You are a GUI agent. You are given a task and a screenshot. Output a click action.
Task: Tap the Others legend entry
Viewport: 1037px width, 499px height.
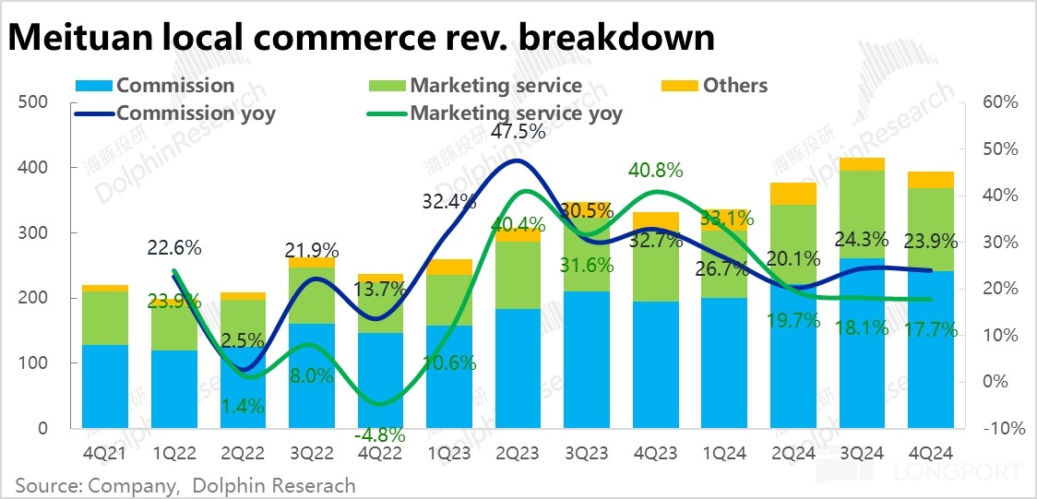click(724, 86)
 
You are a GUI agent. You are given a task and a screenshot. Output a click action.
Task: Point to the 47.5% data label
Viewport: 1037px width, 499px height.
click(518, 132)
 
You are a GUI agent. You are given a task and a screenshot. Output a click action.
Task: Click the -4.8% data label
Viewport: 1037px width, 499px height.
click(381, 434)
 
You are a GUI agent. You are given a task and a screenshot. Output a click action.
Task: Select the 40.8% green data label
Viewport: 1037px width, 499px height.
click(655, 171)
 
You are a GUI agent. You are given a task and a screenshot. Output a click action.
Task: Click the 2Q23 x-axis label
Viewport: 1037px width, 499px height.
click(518, 454)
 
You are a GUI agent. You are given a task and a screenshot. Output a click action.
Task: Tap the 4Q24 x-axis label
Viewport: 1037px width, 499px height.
click(931, 454)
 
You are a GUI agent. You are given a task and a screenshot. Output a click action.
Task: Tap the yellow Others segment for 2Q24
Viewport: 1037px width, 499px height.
click(793, 194)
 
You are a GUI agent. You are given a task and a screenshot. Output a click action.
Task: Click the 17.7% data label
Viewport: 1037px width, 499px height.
click(931, 329)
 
